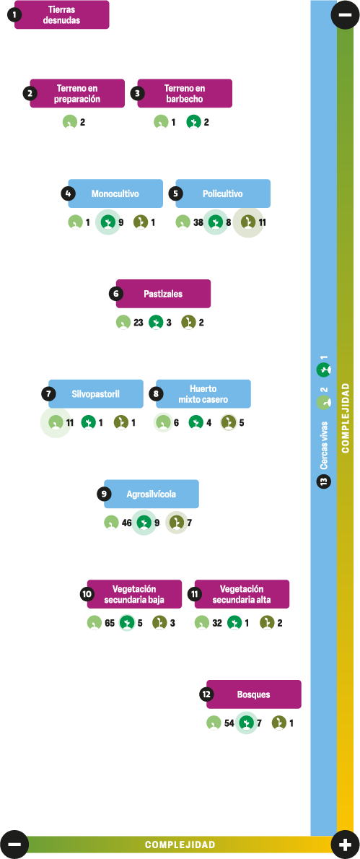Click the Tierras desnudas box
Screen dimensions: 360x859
click(62, 14)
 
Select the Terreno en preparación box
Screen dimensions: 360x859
click(77, 94)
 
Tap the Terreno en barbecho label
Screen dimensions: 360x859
click(185, 94)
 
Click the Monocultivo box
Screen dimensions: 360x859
click(115, 194)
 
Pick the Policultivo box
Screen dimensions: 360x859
click(223, 194)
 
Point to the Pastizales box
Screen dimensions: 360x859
click(163, 295)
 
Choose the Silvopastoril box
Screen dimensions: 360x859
click(96, 394)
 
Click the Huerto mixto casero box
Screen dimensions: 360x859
click(203, 394)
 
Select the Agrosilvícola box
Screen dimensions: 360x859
click(152, 494)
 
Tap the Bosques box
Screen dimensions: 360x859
click(254, 694)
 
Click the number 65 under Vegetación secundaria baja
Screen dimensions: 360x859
click(110, 623)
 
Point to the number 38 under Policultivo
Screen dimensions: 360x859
click(198, 223)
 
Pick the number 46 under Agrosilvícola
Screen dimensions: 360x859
click(127, 523)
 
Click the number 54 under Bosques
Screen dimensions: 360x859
click(229, 723)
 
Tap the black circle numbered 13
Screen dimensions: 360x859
click(324, 482)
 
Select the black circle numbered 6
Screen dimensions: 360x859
click(116, 295)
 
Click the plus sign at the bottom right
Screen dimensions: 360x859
click(346, 845)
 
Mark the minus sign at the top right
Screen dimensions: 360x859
click(346, 14)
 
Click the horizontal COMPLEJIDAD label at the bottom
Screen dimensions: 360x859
click(180, 845)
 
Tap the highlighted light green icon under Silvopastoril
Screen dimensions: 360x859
click(56, 422)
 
